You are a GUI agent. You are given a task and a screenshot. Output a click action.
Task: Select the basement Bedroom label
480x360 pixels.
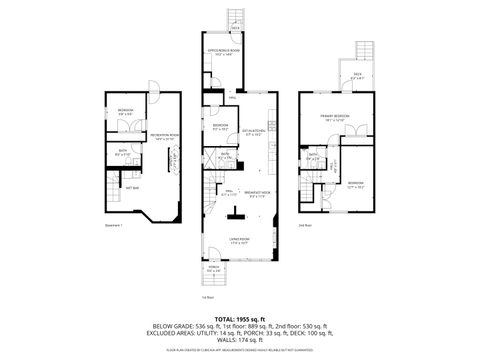click(124, 111)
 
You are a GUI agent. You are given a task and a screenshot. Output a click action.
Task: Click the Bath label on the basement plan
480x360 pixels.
click(122, 153)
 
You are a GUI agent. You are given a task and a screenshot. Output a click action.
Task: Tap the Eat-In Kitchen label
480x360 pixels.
click(253, 131)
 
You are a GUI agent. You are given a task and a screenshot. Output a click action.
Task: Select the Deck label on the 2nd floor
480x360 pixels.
click(357, 74)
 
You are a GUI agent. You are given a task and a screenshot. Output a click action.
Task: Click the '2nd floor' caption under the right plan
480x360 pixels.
click(304, 226)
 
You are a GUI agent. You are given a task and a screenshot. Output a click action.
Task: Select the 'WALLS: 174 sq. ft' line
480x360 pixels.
click(239, 342)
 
